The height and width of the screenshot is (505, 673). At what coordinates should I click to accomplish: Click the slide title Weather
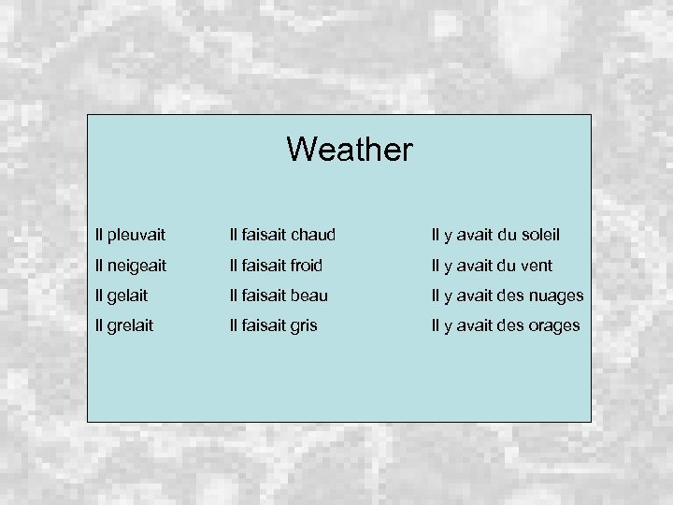click(x=349, y=149)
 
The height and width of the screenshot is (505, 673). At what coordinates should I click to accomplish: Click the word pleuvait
click(x=136, y=234)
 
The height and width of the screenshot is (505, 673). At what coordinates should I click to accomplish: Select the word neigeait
click(x=136, y=266)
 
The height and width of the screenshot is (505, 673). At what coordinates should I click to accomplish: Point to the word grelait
click(x=130, y=325)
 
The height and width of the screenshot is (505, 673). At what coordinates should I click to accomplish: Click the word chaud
click(x=312, y=234)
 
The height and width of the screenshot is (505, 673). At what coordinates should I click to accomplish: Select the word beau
click(x=309, y=296)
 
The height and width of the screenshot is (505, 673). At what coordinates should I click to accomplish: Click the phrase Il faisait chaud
click(x=282, y=234)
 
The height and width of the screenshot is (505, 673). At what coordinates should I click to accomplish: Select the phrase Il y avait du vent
click(x=491, y=266)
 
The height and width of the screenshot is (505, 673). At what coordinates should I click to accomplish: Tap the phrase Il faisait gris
click(x=273, y=325)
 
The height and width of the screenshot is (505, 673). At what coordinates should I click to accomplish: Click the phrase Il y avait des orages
click(x=505, y=325)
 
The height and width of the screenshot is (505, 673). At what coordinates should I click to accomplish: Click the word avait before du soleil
click(x=469, y=234)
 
